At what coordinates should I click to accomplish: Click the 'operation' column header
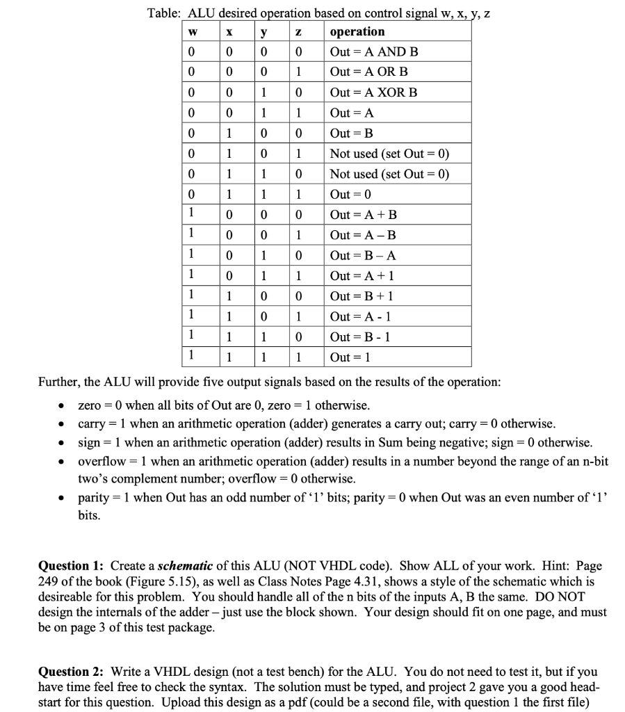coord(357,32)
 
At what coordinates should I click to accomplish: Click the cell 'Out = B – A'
coord(364,255)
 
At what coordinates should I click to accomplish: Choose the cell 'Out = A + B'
coord(364,215)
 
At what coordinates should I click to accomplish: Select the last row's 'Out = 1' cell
coord(351,357)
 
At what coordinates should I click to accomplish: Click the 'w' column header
coord(193,32)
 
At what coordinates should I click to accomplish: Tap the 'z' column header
coord(298,32)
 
